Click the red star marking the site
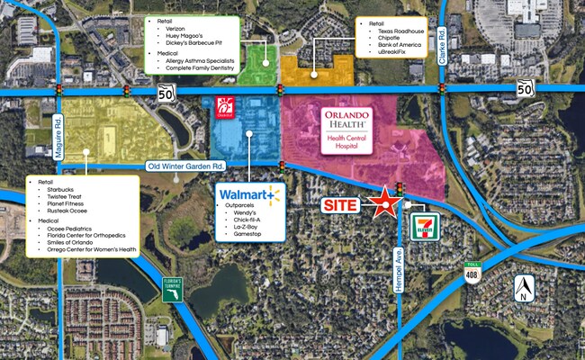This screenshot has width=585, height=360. coord(385,202)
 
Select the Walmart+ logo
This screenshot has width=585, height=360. coord(250,193)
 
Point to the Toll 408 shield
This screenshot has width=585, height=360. coord(471,273)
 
